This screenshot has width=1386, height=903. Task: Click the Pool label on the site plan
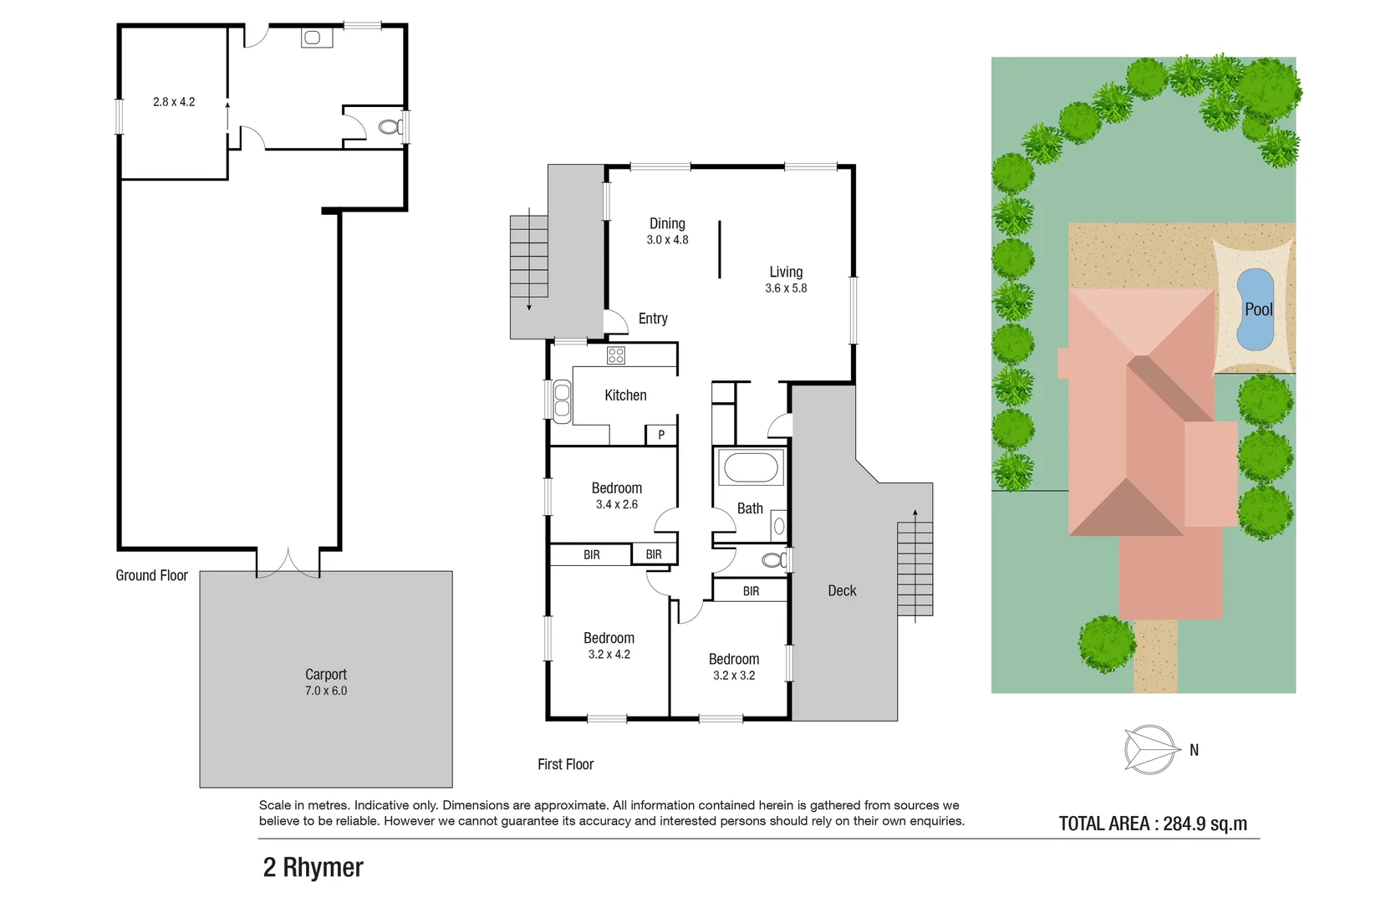pos(1258,309)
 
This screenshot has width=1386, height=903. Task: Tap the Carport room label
pos(326,675)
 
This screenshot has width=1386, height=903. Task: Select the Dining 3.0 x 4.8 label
pos(667,231)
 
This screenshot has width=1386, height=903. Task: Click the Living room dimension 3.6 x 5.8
pos(786,288)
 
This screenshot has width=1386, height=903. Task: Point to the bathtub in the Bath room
pos(751,467)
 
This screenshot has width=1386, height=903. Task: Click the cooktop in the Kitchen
pos(616,355)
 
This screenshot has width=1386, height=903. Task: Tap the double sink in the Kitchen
pos(562,400)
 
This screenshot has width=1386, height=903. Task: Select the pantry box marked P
pos(660,435)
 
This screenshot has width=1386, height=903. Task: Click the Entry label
pos(653,319)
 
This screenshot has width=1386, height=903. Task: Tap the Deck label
pos(842,591)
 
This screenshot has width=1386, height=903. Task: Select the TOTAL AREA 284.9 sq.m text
pos(1153,824)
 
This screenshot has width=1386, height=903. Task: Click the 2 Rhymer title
pos(313,868)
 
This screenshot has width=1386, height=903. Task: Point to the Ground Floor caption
pos(151,575)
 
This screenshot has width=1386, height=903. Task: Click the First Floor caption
pos(565,764)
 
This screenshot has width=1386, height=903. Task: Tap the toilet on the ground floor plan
pos(390,127)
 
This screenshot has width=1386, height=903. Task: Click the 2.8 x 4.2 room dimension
pos(174,102)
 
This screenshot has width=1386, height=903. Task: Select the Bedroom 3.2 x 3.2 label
pos(734,667)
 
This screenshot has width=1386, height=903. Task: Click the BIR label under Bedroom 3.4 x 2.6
pos(592,555)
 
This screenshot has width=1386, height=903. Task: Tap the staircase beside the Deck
pos(915,569)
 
